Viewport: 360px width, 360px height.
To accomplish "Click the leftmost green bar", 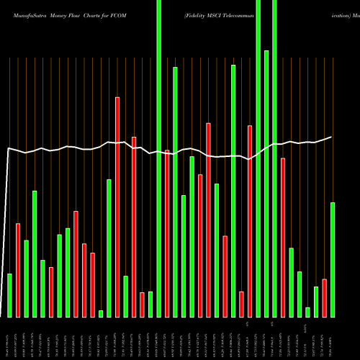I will (10, 295).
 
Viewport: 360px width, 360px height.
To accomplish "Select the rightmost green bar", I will (333, 259).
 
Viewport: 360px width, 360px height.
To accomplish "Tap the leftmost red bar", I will (18, 270).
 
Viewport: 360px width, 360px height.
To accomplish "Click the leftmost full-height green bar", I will (159, 158).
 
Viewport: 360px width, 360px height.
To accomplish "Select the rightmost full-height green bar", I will (275, 158).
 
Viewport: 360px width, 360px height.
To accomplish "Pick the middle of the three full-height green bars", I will (258, 158).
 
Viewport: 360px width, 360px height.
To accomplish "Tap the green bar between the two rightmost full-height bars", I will (266, 184).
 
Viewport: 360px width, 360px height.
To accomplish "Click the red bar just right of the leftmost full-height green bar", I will (167, 233).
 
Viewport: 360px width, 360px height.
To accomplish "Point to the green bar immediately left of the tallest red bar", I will (109, 248).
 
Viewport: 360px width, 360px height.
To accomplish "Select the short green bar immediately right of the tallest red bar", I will (126, 296).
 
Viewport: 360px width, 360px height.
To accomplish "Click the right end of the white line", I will (332, 137).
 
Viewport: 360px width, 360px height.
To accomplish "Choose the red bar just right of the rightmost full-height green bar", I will (283, 238).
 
